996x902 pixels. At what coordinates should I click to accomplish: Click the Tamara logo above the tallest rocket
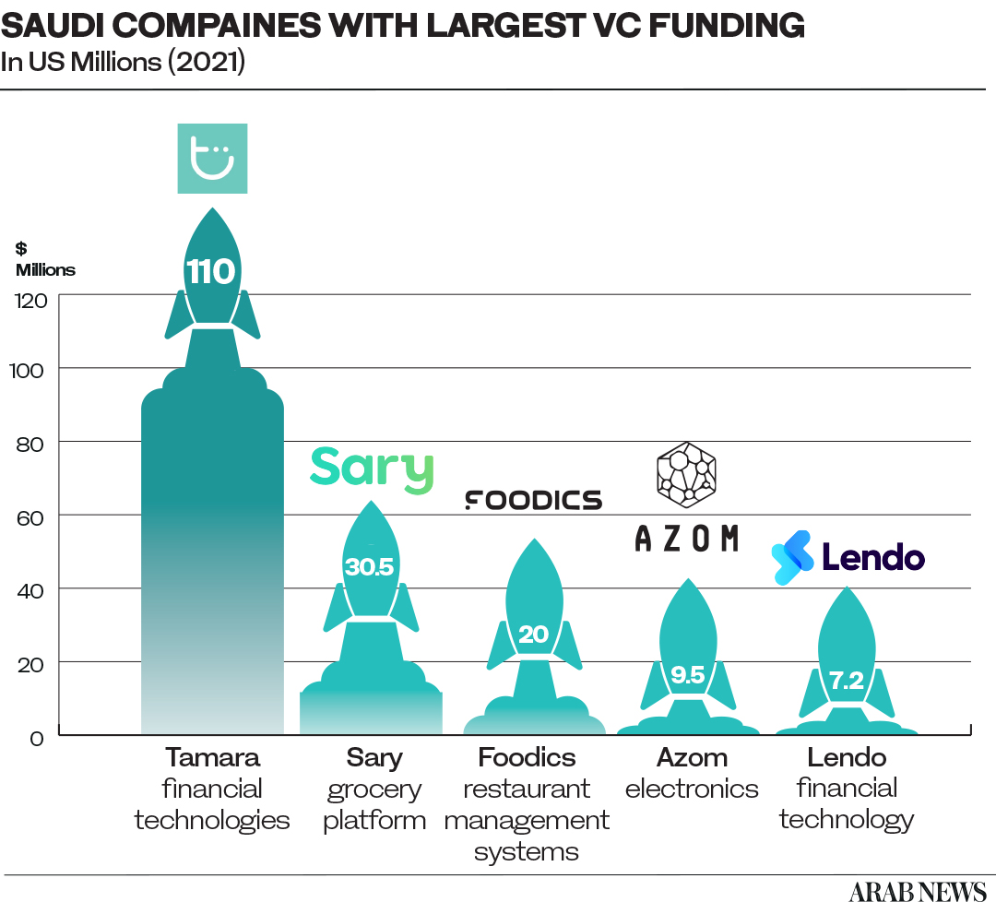point(212,159)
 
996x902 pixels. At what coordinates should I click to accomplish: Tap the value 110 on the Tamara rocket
point(211,272)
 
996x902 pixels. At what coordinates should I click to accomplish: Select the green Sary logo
point(372,469)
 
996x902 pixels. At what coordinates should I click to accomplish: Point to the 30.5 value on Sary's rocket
point(369,567)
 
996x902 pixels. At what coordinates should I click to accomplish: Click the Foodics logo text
point(533,500)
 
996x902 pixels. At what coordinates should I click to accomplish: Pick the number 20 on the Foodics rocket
point(533,635)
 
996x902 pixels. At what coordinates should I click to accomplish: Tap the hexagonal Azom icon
point(686,475)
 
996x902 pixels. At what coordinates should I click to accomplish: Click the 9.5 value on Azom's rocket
point(687,676)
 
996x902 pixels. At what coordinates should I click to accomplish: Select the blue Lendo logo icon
point(792,557)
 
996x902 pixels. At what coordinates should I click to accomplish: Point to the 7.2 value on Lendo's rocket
point(845,682)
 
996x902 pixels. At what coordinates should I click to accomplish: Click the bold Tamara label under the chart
point(213,758)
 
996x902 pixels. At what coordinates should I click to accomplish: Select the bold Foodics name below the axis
point(527,758)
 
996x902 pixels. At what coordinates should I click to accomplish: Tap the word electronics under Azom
point(692,789)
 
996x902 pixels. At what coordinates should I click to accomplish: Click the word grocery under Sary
point(373,790)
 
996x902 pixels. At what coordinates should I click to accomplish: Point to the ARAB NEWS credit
point(917,890)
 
